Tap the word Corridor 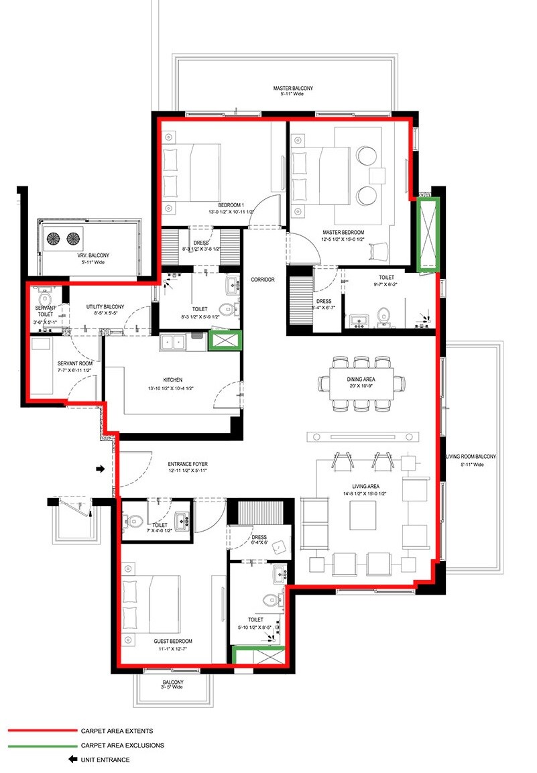[x=263, y=280]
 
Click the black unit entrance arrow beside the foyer [x=101, y=469]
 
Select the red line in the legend [x=42, y=731]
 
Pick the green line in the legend [x=42, y=745]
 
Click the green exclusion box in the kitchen [x=224, y=341]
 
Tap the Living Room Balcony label [x=471, y=457]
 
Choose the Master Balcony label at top [x=292, y=88]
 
